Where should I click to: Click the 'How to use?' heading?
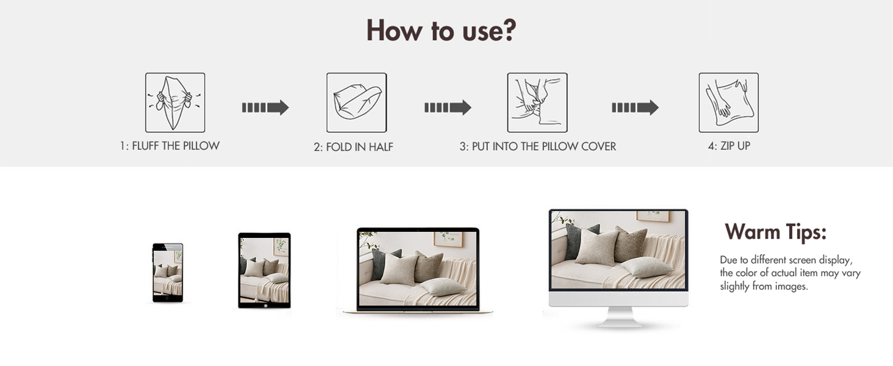click(x=442, y=30)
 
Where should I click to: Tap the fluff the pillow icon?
click(x=175, y=102)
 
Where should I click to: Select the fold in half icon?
click(x=356, y=102)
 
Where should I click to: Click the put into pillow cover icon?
click(x=537, y=102)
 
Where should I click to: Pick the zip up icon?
click(x=728, y=102)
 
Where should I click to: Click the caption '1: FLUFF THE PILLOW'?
click(x=170, y=146)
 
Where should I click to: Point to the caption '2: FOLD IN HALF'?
click(x=353, y=147)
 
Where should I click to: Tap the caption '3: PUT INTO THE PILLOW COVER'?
click(x=537, y=146)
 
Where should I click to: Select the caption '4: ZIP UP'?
click(x=729, y=146)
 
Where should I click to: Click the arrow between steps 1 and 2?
click(x=265, y=107)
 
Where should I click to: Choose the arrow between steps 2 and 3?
click(x=448, y=107)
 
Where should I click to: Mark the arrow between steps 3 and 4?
click(x=635, y=107)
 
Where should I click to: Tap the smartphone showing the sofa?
click(x=168, y=273)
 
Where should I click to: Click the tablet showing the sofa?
click(x=264, y=270)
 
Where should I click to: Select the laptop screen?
click(x=418, y=269)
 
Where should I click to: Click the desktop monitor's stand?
click(x=619, y=317)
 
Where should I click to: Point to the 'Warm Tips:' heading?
click(x=775, y=232)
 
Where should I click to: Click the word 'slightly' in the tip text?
click(x=735, y=286)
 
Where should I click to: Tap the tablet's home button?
click(x=265, y=306)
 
